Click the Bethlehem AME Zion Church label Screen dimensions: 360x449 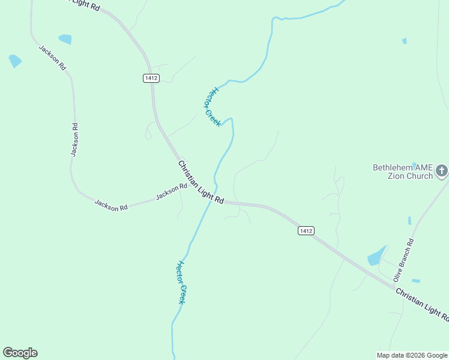[x=403, y=172]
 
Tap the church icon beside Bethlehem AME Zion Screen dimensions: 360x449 [x=441, y=171]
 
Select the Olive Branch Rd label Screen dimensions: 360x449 [x=403, y=260]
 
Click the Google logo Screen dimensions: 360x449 [x=20, y=353]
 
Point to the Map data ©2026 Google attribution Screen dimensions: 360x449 [x=412, y=355]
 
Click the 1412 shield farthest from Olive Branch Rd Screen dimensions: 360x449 [x=151, y=78]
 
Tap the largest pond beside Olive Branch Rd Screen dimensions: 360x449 [x=376, y=256]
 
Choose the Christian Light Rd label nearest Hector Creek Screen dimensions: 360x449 [x=200, y=182]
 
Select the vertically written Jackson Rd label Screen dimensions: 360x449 [x=74, y=140]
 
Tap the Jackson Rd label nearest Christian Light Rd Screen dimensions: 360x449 [x=171, y=192]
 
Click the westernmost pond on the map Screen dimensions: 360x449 [x=15, y=61]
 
